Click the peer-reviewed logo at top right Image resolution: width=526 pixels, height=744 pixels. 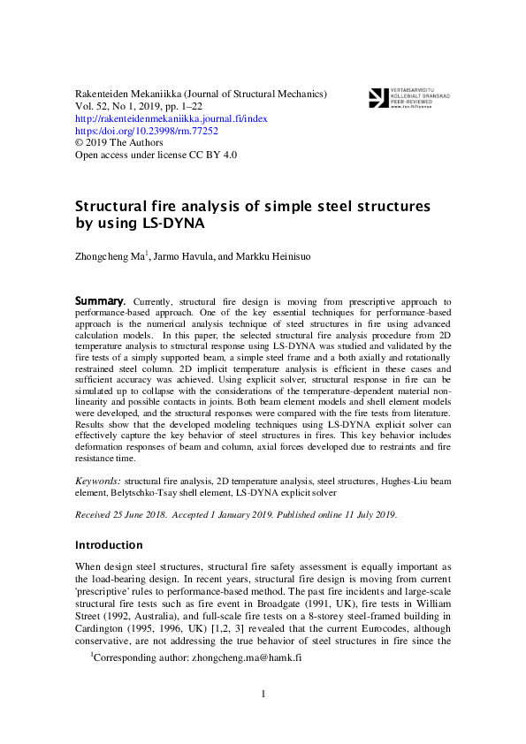coord(399,97)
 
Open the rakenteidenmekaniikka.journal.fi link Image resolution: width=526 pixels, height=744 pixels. coord(172,118)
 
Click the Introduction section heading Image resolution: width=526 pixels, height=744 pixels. coord(108,544)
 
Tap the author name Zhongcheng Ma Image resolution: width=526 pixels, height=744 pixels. coord(113,257)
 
